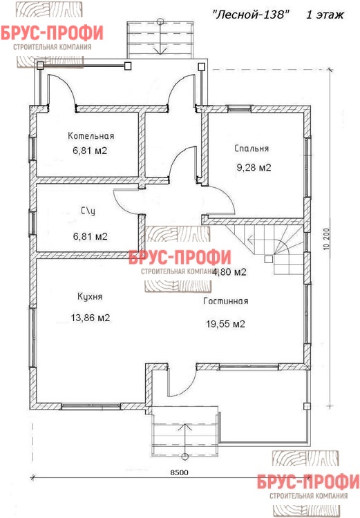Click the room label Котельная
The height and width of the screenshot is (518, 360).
pyautogui.click(x=91, y=136)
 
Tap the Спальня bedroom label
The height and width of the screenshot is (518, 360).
pyautogui.click(x=252, y=148)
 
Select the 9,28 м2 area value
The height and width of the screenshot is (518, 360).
pyautogui.click(x=254, y=168)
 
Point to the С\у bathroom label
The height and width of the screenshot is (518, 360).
pyautogui.click(x=88, y=211)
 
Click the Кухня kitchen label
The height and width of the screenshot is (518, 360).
pyautogui.click(x=90, y=296)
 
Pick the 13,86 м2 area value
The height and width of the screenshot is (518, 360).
pyautogui.click(x=91, y=318)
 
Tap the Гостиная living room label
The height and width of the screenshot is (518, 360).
pyautogui.click(x=226, y=301)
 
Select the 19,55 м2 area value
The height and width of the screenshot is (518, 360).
pyautogui.click(x=225, y=324)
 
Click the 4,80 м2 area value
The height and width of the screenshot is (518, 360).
pyautogui.click(x=229, y=272)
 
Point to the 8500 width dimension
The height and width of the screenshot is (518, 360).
pyautogui.click(x=179, y=472)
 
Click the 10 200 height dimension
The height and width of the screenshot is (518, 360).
pyautogui.click(x=327, y=238)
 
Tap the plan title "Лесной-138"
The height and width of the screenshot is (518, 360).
pyautogui.click(x=251, y=15)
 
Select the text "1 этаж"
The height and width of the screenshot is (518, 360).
pyautogui.click(x=325, y=15)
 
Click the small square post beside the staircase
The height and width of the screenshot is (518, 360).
pyautogui.click(x=268, y=259)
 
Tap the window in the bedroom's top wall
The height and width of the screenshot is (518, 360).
pyautogui.click(x=238, y=108)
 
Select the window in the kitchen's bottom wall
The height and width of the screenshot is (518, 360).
pyautogui.click(x=91, y=406)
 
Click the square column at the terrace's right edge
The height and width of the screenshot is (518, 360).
pyautogui.click(x=307, y=406)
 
